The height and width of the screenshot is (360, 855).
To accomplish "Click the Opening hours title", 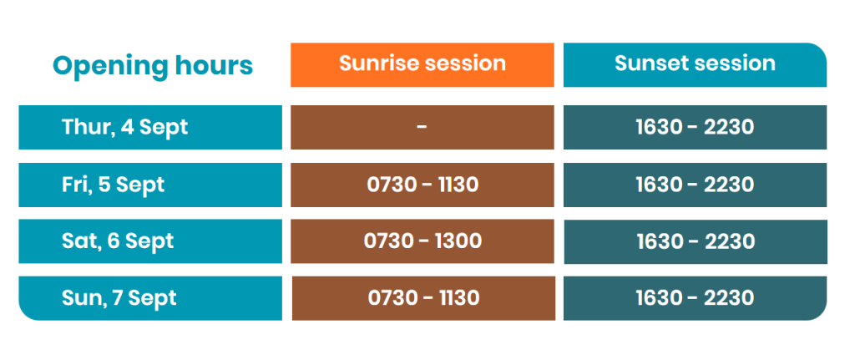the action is click(x=153, y=66).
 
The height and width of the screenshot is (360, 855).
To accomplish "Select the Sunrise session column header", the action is click(x=422, y=65).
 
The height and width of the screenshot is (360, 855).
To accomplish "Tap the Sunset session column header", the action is click(x=695, y=65).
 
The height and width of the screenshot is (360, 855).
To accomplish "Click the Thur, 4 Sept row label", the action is click(x=150, y=127).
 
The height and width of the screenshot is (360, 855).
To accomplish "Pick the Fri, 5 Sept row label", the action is click(x=150, y=185).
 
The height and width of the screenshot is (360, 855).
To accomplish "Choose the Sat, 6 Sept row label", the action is click(x=150, y=241).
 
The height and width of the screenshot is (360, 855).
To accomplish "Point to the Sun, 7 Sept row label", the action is click(x=150, y=298).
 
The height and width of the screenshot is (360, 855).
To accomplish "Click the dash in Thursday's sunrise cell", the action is click(x=422, y=127).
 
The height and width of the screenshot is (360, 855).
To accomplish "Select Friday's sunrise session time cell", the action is click(x=422, y=185).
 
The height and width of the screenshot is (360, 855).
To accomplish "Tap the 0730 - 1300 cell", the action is click(x=422, y=241).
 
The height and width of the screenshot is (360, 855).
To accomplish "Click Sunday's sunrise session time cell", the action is click(x=423, y=298).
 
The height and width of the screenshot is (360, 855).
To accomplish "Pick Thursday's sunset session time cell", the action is click(x=695, y=127).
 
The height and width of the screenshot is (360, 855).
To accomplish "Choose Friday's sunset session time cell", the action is click(x=695, y=185).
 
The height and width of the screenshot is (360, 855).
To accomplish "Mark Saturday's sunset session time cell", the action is click(x=696, y=241).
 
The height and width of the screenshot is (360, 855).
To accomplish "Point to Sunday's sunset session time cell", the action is click(x=695, y=298).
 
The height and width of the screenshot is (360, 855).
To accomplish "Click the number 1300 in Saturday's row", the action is click(x=459, y=241).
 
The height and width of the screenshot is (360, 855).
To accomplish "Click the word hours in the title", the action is click(x=215, y=66).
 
